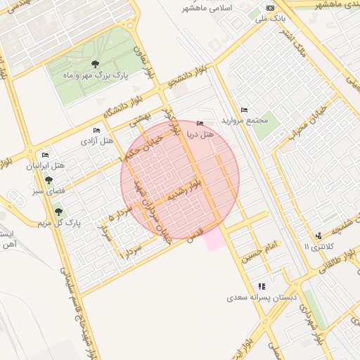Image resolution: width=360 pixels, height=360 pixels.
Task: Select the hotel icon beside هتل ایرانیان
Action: pos(46,155)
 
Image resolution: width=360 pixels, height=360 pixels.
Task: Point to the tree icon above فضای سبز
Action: pos(49,180)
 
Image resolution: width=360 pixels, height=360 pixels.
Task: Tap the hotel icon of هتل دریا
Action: pos(200,124)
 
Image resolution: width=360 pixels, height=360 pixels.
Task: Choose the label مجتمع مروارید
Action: pos(245,120)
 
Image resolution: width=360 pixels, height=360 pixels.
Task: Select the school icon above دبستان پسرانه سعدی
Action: pos(262,286)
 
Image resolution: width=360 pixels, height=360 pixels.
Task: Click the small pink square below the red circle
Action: pos(215,240)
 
